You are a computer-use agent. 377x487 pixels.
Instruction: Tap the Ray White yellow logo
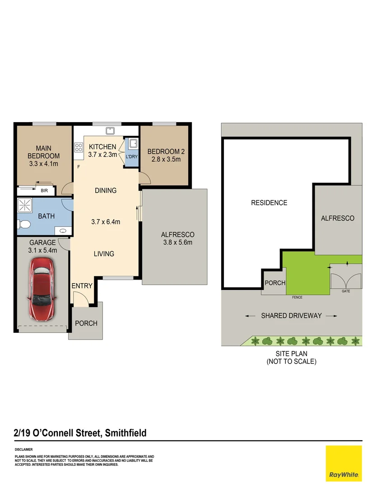tap(344, 464)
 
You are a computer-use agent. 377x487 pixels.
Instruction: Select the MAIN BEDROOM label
tap(43, 152)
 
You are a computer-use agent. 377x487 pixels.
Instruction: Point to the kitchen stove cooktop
tap(79, 147)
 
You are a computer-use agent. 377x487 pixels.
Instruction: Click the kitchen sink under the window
tap(110, 131)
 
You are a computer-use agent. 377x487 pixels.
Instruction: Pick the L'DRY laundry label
tap(131, 156)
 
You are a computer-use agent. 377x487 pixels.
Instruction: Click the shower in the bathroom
tap(24, 205)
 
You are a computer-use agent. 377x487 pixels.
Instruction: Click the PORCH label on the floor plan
tap(86, 323)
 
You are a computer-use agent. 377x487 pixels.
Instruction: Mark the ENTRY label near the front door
tap(82, 286)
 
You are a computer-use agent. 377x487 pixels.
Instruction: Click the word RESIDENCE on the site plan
tap(269, 203)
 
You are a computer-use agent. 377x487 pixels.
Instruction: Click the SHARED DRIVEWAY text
tap(291, 316)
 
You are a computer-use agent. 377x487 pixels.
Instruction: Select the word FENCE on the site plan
tap(297, 298)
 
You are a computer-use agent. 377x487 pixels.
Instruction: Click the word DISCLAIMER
tap(24, 450)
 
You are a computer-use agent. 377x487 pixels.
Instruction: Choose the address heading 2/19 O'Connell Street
tap(80, 433)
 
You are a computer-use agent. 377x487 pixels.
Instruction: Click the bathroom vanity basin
tap(63, 230)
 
